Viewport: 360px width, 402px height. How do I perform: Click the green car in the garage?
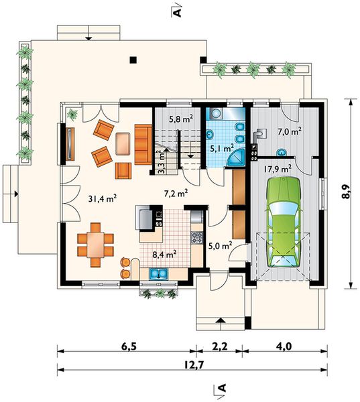284,222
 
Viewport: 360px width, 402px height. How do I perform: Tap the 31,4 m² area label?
103,199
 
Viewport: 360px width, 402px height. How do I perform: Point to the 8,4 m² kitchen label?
164,255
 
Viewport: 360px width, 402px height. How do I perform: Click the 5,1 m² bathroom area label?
222,148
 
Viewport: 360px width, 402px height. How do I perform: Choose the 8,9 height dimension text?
345,192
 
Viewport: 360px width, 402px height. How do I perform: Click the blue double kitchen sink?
159,273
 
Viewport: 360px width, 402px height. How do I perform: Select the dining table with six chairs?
95,245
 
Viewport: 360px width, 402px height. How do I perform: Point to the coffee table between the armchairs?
123,143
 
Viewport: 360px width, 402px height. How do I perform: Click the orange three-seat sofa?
143,145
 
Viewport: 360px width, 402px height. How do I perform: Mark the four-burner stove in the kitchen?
197,238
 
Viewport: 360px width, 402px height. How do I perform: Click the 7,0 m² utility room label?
290,132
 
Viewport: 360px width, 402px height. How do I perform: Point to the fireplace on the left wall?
70,144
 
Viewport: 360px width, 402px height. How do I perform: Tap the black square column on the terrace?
133,60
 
